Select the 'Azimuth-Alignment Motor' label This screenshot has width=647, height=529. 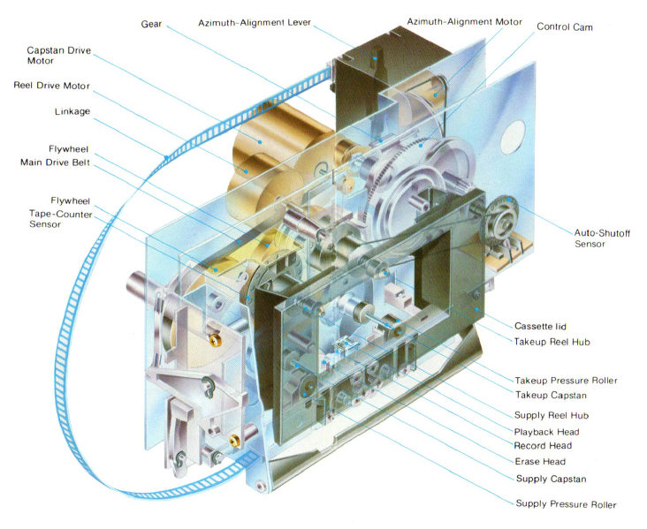click(464, 20)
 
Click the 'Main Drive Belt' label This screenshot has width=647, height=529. click(56, 162)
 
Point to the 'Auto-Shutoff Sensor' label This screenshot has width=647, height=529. click(590, 238)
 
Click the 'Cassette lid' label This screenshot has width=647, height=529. click(541, 325)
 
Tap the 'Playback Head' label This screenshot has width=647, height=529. click(546, 431)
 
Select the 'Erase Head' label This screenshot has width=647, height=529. click(539, 461)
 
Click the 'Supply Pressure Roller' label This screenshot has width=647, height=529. click(566, 504)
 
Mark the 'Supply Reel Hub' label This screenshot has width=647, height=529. click(552, 415)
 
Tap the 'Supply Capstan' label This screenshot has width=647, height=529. click(551, 479)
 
